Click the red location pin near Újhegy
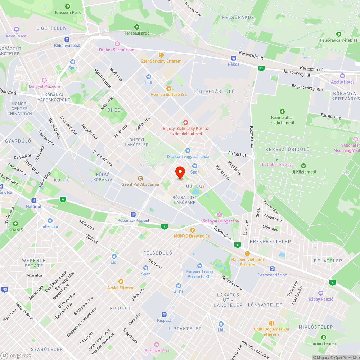pyautogui.click(x=180, y=173)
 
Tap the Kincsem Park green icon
pyautogui.click(x=68, y=6)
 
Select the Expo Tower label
pyautogui.click(x=17, y=35)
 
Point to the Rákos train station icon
pyautogui.click(x=233, y=58)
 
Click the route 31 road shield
pyautogui.click(x=261, y=68)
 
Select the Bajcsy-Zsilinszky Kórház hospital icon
pyautogui.click(x=186, y=123)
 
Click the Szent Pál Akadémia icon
pyautogui.click(x=140, y=178)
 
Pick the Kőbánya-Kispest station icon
pyautogui.click(x=133, y=214)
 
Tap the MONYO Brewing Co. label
pyautogui.click(x=192, y=236)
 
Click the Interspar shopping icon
pyautogui.click(x=50, y=221)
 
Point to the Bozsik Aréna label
pyautogui.click(x=156, y=350)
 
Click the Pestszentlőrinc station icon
pyautogui.click(x=272, y=269)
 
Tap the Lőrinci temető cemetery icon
pyautogui.click(x=323, y=337)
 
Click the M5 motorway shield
pyautogui.click(x=4, y=289)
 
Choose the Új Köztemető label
pyautogui.click(x=303, y=172)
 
